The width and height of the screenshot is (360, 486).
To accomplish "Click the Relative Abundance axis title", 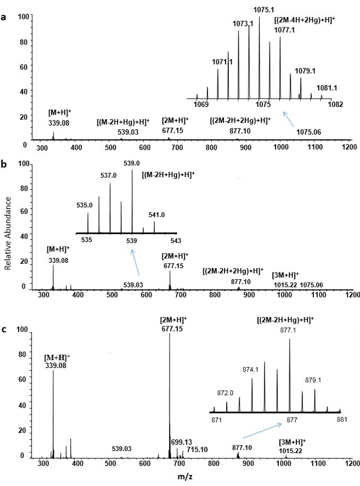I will [8, 236].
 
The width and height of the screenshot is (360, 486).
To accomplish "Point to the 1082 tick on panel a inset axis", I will [335, 104].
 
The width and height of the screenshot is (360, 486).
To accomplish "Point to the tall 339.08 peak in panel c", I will [53, 411].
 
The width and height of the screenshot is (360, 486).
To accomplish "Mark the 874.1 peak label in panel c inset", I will [250, 370].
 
